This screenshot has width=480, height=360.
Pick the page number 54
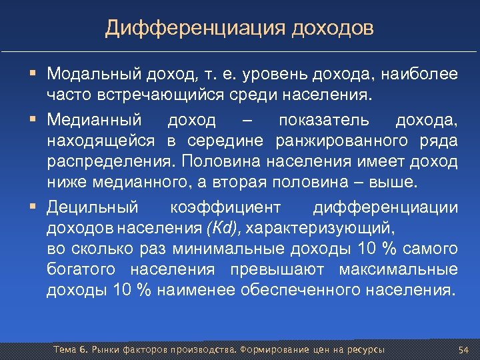[x=464, y=350]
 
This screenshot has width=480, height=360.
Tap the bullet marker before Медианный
[x=33, y=120]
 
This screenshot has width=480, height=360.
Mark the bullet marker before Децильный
[x=33, y=207]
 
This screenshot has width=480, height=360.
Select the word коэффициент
[x=225, y=207]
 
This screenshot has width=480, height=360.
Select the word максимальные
[x=407, y=270]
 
